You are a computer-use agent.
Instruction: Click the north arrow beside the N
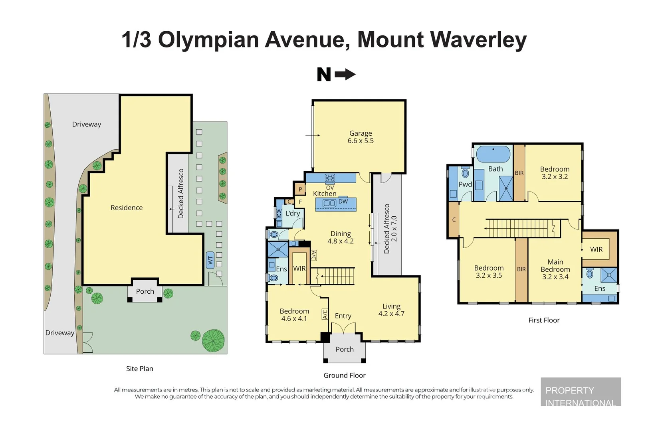(345, 75)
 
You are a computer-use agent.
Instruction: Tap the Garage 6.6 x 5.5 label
(361, 137)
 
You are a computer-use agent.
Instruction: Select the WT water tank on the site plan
(210, 260)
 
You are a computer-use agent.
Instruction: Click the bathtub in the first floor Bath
(493, 154)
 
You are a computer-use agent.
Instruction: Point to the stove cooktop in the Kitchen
(330, 178)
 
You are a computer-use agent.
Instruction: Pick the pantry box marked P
(300, 189)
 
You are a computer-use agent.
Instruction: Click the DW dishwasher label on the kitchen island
(343, 202)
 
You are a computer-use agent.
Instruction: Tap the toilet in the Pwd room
(466, 172)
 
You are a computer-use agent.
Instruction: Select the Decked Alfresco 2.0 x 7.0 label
(390, 228)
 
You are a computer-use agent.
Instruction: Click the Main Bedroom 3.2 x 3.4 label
(555, 269)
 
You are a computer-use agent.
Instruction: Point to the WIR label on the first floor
(596, 249)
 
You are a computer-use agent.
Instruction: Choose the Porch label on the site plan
(145, 291)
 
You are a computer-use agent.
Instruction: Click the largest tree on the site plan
(213, 341)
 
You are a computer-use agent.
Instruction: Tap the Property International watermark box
(581, 391)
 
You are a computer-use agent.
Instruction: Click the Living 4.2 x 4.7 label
(391, 310)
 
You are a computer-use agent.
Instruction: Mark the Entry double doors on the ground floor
(343, 328)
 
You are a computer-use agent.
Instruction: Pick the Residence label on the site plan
(127, 208)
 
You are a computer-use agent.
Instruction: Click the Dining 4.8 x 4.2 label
(341, 237)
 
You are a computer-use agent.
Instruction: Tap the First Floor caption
(544, 320)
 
